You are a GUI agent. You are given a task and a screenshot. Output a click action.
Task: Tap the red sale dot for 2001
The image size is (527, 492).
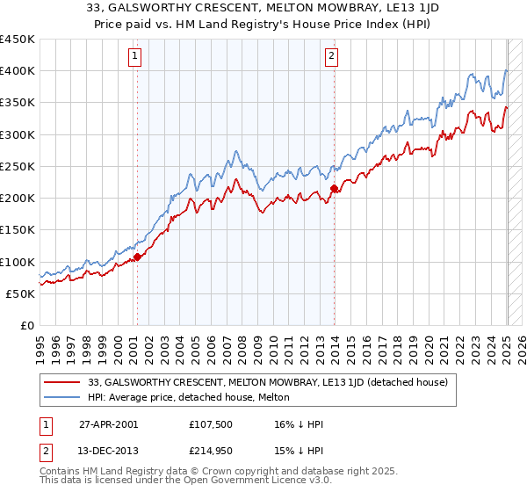pyautogui.click(x=138, y=257)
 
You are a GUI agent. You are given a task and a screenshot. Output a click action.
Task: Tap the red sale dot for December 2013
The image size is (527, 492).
pyautogui.click(x=334, y=189)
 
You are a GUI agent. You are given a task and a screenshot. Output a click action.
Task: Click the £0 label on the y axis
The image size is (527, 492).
pyautogui.click(x=26, y=325)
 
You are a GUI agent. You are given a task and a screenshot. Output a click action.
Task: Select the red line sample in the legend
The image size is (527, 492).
pyautogui.click(x=63, y=382)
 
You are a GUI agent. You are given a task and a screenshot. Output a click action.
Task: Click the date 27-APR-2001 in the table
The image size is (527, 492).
pyautogui.click(x=108, y=424)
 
